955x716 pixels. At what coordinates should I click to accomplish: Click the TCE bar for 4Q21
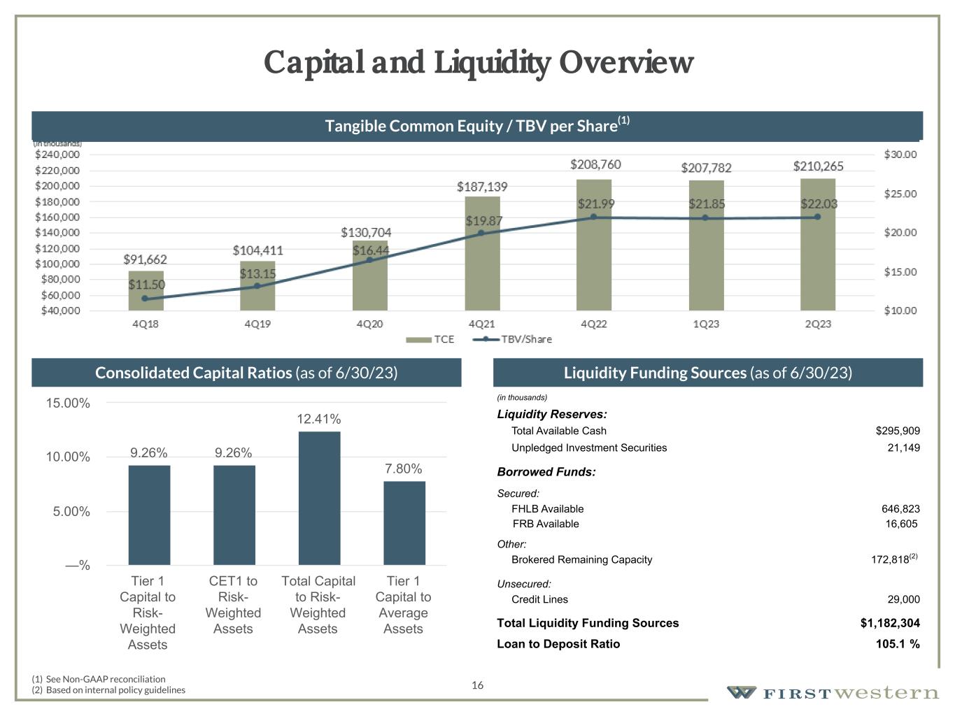(x=482, y=259)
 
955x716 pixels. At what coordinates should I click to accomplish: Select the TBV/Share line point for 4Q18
(x=145, y=299)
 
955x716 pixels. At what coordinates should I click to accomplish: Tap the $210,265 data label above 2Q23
(x=818, y=166)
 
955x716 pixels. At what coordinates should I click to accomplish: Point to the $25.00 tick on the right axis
(x=900, y=194)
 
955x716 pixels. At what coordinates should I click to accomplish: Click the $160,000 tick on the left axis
(x=57, y=217)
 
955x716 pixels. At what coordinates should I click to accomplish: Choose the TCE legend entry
(x=431, y=339)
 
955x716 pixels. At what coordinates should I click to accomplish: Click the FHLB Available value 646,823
(x=900, y=509)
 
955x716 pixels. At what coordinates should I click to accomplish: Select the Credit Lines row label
(x=539, y=599)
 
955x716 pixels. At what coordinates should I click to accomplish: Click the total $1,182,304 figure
(x=890, y=623)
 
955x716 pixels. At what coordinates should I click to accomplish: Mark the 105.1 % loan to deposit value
(x=898, y=644)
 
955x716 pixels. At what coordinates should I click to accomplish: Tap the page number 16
(x=477, y=685)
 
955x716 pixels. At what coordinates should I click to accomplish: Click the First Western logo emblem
(x=742, y=692)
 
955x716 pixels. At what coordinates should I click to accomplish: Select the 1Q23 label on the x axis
(x=705, y=324)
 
